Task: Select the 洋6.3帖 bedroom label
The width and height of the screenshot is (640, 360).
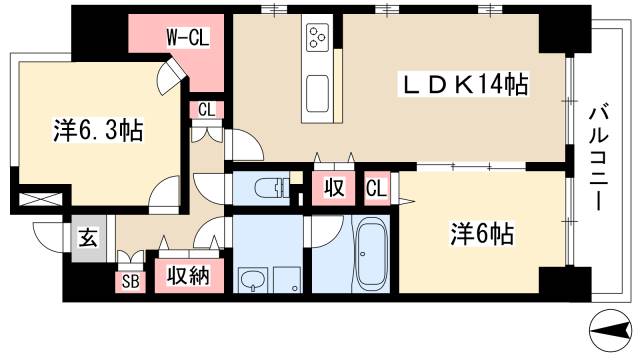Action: click(96, 130)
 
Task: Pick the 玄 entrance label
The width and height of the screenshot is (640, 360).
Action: click(87, 239)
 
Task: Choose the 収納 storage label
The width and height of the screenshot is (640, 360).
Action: click(187, 273)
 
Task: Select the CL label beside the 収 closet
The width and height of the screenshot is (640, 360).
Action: click(375, 187)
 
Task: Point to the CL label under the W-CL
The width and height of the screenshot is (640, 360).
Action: click(204, 110)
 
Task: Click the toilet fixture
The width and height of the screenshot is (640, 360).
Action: click(270, 186)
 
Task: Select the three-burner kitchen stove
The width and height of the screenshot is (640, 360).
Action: click(319, 38)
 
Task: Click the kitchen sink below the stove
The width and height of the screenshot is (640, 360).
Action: click(319, 93)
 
